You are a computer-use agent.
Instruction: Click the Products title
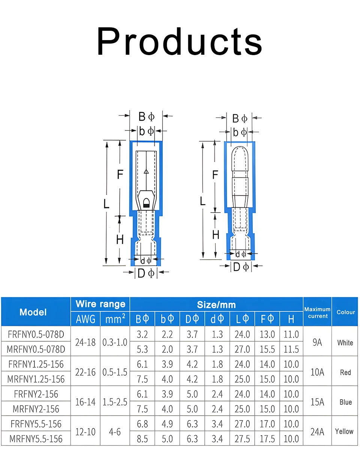point(180,42)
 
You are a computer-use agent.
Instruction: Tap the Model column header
point(33,312)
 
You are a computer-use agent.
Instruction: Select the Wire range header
point(100,304)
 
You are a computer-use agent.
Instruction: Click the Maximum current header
point(318,313)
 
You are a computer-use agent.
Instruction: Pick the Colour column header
point(346,312)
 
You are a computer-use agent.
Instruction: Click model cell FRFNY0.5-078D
point(36,334)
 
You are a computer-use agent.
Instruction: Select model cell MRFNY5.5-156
point(36,439)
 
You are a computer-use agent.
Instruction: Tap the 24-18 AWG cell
point(85,342)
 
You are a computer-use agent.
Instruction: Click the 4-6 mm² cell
point(115,432)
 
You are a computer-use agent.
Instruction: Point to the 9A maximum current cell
point(317,342)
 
